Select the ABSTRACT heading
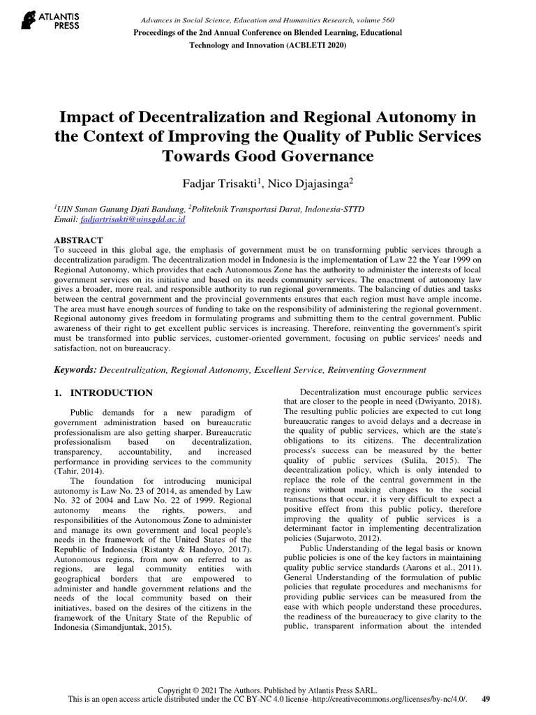click(x=79, y=238)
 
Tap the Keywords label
click(x=75, y=369)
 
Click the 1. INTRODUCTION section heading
click(x=103, y=393)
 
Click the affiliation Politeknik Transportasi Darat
click(x=253, y=208)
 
